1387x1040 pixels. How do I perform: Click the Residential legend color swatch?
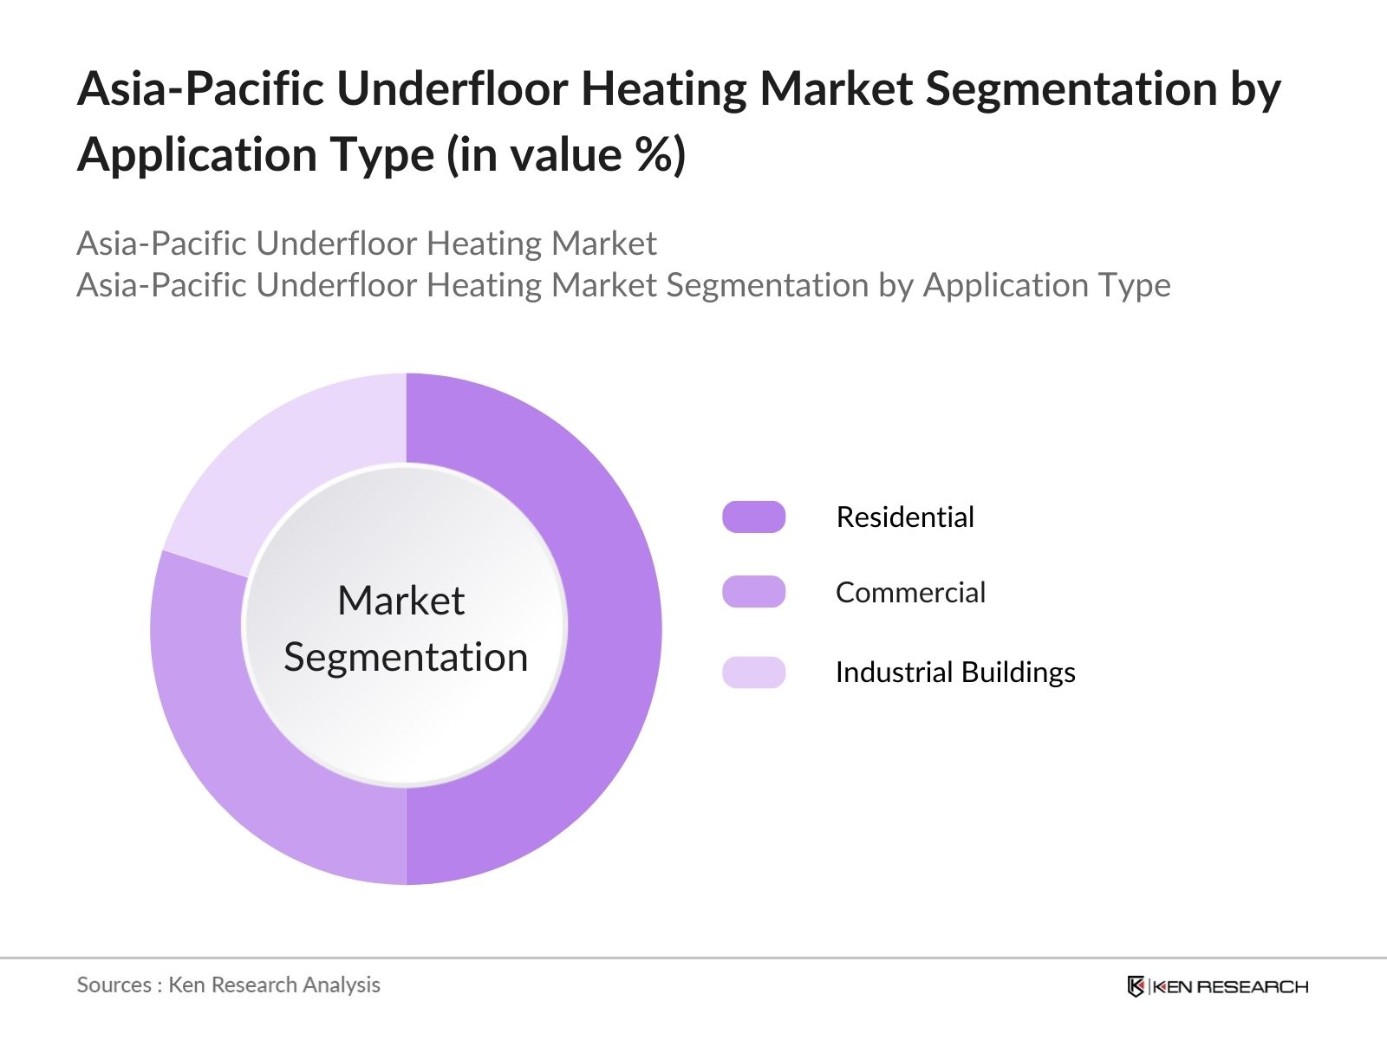(754, 517)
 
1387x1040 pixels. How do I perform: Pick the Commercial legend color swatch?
(754, 592)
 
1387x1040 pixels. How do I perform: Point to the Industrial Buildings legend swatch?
(754, 672)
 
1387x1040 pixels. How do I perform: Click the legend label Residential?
(905, 517)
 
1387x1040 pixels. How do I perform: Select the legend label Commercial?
(910, 592)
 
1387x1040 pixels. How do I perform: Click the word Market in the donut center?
(401, 600)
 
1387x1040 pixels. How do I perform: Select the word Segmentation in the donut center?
(406, 658)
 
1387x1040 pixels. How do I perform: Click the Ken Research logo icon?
(1136, 986)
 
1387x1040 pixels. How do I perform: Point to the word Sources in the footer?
(114, 985)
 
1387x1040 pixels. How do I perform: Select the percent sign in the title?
(656, 154)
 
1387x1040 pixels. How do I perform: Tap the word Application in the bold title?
(197, 156)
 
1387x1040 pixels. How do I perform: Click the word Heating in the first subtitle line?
(484, 244)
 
